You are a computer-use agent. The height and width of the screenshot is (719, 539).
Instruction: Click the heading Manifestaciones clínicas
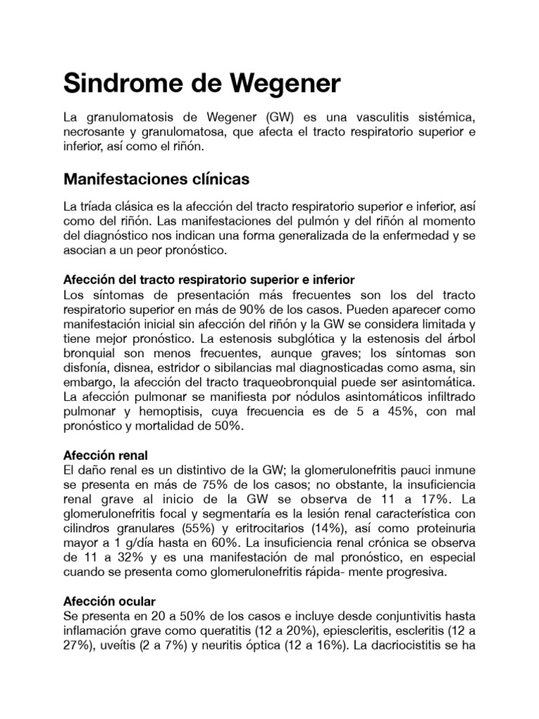(156, 179)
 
